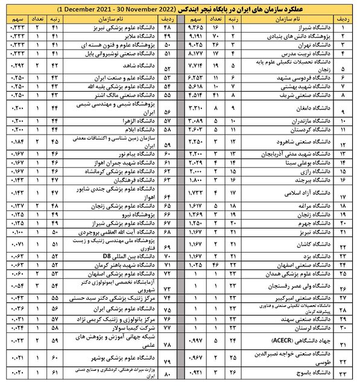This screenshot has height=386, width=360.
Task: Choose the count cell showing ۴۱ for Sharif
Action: [215, 93]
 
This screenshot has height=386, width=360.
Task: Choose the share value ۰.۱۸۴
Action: [20, 142]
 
